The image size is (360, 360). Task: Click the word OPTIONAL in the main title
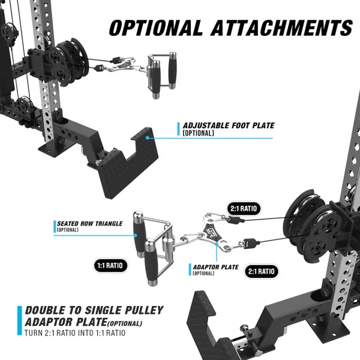pos(155,28)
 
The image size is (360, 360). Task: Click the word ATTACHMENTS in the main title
pos(282,28)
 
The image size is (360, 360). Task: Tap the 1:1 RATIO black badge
pos(110,266)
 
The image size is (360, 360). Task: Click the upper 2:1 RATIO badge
pos(244,208)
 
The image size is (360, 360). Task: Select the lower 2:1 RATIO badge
pos(261,271)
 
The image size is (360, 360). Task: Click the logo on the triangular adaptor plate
pos(209,234)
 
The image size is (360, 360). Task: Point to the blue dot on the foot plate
pos(148,138)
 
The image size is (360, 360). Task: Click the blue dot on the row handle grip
pos(136,235)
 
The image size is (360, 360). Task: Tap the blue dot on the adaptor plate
pos(217,244)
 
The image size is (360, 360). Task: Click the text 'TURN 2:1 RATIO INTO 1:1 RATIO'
pos(75,333)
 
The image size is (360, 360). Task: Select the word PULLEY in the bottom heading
pos(144,310)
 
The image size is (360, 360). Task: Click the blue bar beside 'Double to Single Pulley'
pos(20,320)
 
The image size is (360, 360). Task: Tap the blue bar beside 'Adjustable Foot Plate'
pos(178,129)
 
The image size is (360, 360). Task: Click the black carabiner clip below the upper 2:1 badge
pos(236,220)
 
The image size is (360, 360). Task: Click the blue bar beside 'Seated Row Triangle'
pos(55,227)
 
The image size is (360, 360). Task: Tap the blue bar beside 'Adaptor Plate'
pos(190,269)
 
